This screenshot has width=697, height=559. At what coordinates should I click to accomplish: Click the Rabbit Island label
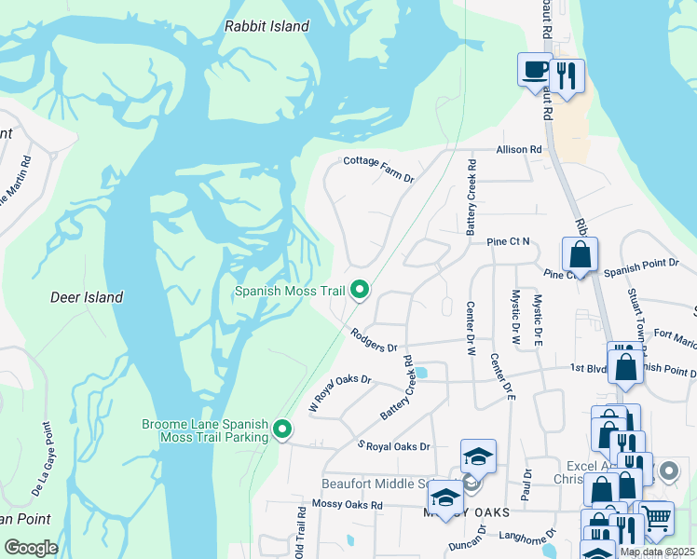click(266, 27)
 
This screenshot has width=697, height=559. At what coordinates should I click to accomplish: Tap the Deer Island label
click(86, 297)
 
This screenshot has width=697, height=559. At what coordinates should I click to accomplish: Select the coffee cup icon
click(536, 70)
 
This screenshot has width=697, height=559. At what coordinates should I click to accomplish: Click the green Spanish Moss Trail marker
click(360, 292)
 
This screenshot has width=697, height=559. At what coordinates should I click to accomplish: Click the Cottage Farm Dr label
click(378, 168)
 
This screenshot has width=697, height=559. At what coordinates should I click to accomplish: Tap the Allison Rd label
click(519, 149)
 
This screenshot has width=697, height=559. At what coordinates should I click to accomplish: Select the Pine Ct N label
click(508, 242)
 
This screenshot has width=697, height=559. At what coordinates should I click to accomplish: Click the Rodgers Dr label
click(374, 340)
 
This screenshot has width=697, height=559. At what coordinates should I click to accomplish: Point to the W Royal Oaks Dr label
click(340, 391)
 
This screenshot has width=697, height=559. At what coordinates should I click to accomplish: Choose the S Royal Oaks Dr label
click(394, 445)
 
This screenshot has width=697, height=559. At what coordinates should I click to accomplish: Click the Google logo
click(31, 548)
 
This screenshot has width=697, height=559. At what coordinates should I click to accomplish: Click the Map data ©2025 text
click(657, 552)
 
